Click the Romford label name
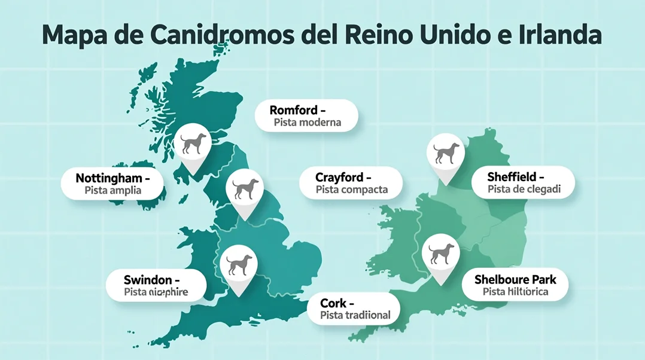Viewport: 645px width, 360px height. point(293,110)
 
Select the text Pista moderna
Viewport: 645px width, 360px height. point(307,123)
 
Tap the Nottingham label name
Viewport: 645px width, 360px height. point(108,178)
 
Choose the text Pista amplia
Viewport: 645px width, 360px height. point(113,191)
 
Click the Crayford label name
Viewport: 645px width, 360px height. point(339,178)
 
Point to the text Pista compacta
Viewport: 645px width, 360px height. point(352,190)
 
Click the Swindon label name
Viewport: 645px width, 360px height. point(147,280)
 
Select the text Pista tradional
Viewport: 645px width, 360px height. point(355,315)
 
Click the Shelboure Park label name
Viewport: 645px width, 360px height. point(515,279)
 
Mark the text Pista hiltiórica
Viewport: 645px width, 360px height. point(515,292)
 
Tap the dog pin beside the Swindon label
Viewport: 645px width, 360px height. point(238,264)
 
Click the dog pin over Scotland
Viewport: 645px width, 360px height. point(193,143)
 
